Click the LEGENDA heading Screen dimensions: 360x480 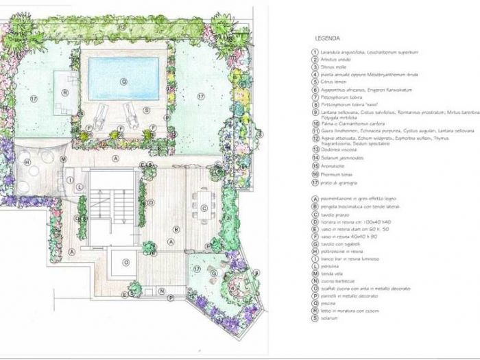[327, 38]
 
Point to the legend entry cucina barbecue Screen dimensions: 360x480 [339, 275]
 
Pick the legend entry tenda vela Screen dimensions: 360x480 [333, 267]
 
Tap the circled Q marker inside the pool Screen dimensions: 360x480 [123, 80]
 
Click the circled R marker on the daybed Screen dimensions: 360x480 [64, 91]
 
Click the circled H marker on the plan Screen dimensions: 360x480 [27, 163]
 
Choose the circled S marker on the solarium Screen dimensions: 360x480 [146, 110]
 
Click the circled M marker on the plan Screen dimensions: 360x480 [63, 159]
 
